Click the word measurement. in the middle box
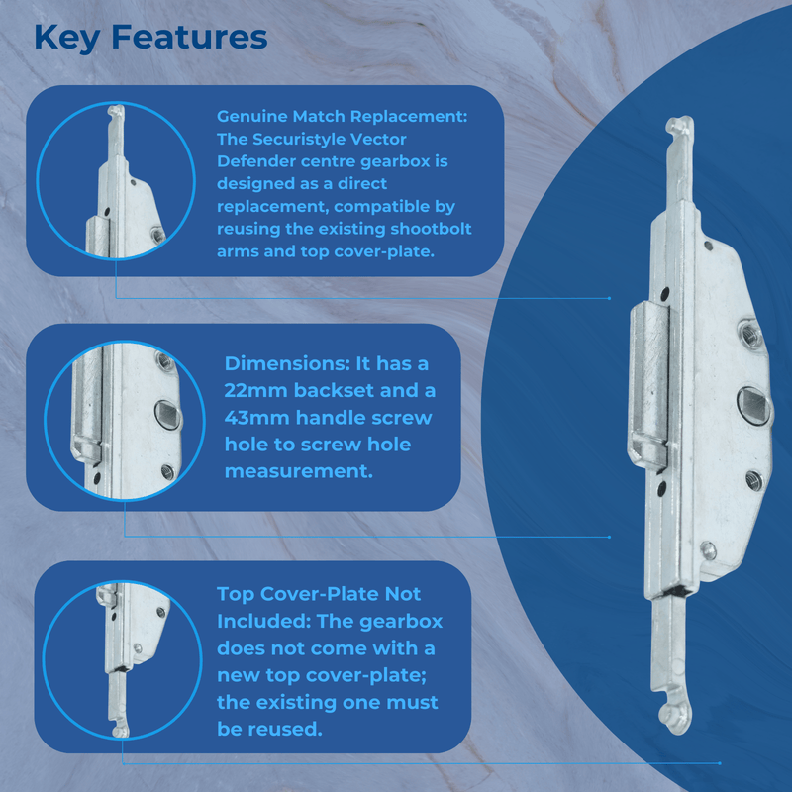(299, 471)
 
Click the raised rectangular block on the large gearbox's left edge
(650, 386)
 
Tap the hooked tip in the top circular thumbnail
(113, 116)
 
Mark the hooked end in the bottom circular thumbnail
(120, 731)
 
